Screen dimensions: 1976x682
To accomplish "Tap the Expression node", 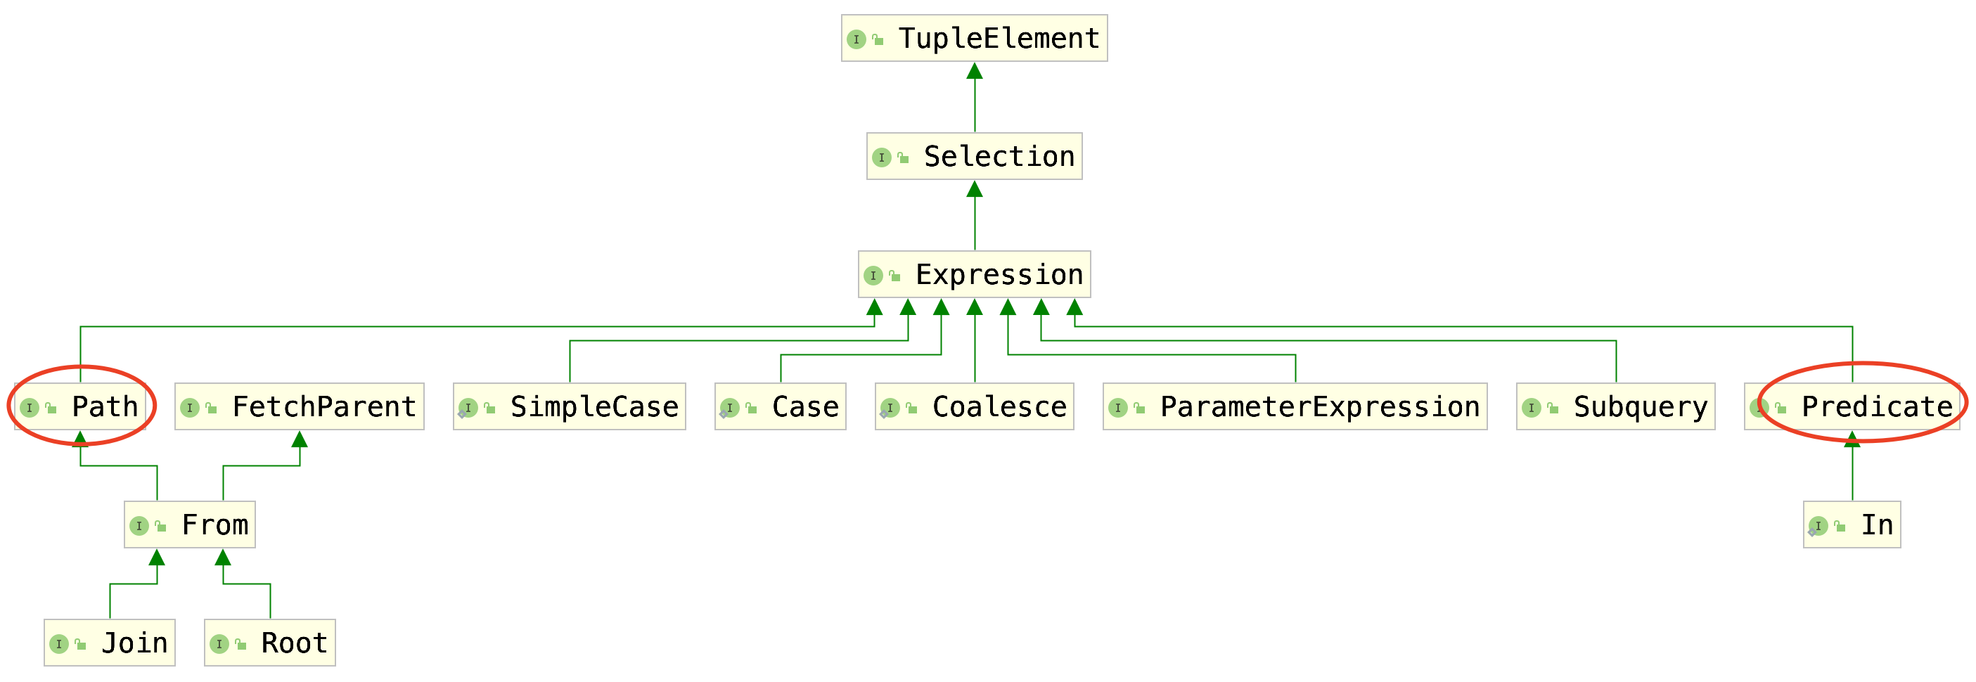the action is pos(974,275).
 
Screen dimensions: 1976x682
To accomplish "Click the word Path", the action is pos(105,406).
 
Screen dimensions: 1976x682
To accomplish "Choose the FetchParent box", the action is pos(299,406).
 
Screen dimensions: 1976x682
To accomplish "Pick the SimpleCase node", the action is pos(569,406).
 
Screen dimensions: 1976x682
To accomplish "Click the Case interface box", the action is pos(780,406).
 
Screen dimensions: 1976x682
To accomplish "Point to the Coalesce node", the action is pos(974,406).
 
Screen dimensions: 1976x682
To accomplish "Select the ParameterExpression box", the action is pos(1295,406).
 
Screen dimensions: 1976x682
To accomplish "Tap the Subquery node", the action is pos(1615,406).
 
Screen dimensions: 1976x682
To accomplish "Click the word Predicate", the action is pos(1877,406).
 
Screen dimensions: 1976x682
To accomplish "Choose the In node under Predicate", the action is pos(1852,525).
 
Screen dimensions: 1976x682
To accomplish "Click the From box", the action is pos(189,525).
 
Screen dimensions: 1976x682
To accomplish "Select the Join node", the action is pos(110,643).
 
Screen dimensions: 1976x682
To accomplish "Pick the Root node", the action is pos(270,643).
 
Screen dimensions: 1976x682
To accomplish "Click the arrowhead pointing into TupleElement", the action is pos(974,70).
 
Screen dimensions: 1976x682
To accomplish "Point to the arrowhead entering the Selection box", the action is pos(974,188).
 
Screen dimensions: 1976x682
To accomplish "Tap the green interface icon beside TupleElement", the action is pos(856,39).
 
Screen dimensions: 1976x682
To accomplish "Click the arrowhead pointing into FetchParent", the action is pos(299,439).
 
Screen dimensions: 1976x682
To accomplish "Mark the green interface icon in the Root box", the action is pos(219,643).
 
